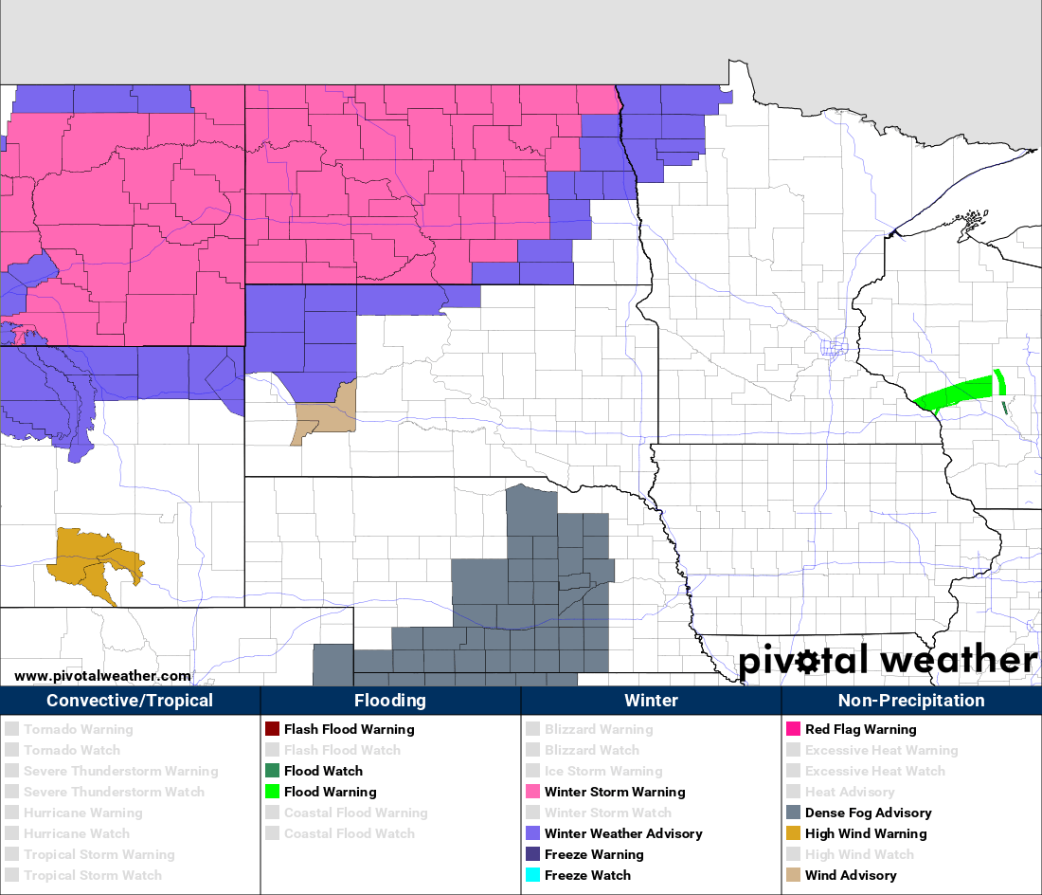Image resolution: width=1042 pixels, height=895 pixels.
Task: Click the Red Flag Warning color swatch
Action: (x=793, y=729)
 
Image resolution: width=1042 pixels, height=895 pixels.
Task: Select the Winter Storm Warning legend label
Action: (x=614, y=792)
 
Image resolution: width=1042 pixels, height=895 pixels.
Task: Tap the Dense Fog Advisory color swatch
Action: (x=793, y=813)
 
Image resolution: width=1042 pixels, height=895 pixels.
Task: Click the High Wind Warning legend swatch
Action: (x=793, y=833)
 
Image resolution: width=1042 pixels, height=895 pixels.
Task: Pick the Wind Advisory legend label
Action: (x=850, y=875)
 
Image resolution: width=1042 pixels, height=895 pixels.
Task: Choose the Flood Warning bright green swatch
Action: (x=272, y=792)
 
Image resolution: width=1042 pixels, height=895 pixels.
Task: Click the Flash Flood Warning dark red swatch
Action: (x=272, y=729)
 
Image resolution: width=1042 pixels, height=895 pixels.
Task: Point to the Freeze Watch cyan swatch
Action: (x=532, y=875)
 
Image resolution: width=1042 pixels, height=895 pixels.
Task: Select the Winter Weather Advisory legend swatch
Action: (x=532, y=833)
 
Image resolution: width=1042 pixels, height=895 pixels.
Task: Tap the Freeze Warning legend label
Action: (x=593, y=854)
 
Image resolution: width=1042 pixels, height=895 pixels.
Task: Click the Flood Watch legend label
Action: (x=323, y=771)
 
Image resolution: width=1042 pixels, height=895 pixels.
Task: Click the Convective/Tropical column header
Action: (x=130, y=701)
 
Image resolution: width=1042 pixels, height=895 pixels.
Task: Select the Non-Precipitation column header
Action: (x=911, y=701)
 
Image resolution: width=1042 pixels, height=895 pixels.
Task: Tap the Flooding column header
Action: (x=390, y=701)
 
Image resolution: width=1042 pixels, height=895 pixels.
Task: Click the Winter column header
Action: (x=651, y=701)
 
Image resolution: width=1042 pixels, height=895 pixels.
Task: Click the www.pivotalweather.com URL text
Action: (x=102, y=676)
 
